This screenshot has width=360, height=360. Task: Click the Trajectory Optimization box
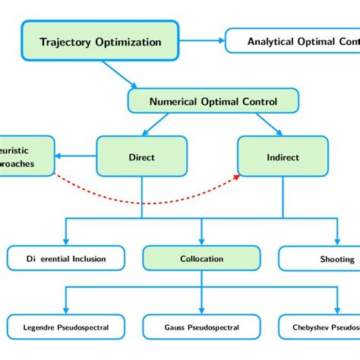[100, 42]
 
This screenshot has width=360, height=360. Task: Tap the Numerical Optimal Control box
[213, 101]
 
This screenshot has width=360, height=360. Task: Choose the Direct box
[142, 157]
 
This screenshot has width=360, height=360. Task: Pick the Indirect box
[283, 157]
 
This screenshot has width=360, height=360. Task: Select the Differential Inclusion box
[67, 259]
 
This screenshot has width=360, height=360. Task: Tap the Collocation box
[201, 259]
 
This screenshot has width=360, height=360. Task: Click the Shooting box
[323, 259]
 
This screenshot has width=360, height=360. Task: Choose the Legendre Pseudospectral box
[67, 327]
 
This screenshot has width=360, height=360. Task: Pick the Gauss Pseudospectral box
[201, 327]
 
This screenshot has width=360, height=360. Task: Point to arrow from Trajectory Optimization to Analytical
[202, 41]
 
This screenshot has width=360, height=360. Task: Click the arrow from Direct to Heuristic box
[77, 157]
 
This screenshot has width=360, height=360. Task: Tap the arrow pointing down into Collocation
[201, 232]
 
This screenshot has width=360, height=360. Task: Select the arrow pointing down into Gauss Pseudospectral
[201, 300]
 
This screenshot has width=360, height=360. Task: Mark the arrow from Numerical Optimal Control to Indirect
[266, 124]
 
